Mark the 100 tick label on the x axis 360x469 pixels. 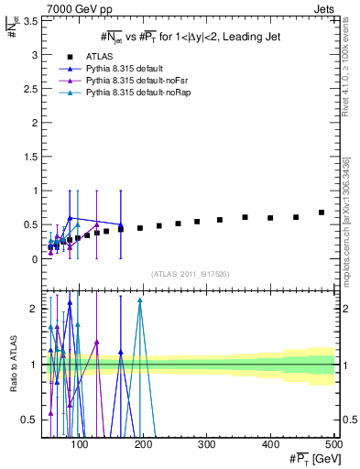(80, 445)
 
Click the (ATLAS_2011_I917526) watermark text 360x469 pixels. (190, 275)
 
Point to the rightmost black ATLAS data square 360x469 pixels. (322, 213)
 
